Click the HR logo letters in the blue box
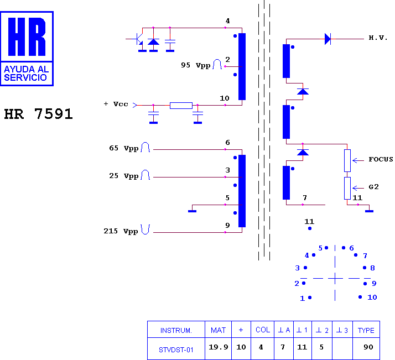tap(27, 36)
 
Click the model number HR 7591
tap(39, 114)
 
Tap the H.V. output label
tap(378, 38)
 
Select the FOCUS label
tap(381, 159)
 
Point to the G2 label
tap(373, 187)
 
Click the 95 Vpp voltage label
tap(195, 65)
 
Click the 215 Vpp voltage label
tap(121, 231)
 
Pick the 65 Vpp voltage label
tap(124, 148)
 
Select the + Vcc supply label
tap(116, 104)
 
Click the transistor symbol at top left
tap(138, 39)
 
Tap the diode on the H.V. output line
tap(328, 39)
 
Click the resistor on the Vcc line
tap(181, 106)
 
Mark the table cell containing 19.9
tap(218, 348)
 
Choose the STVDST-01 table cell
tap(176, 348)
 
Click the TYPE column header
tap(366, 329)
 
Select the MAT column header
tap(218, 329)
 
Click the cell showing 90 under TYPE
tap(366, 348)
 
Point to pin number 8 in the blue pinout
tap(372, 268)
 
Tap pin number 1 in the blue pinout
tap(302, 298)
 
